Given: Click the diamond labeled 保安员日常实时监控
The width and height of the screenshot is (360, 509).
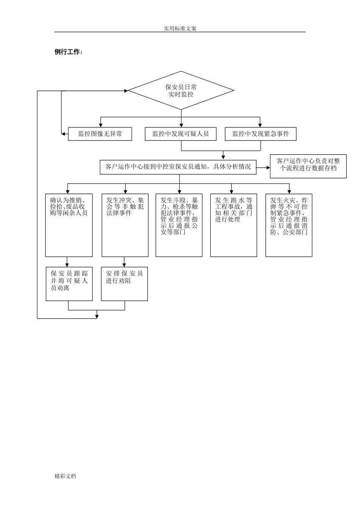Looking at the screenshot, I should click(181, 91).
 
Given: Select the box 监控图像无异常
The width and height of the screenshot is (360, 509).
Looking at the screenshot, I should click(100, 134).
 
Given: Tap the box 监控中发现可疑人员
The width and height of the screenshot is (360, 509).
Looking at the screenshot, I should click(180, 134).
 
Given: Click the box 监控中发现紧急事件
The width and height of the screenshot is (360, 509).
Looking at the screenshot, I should click(260, 134).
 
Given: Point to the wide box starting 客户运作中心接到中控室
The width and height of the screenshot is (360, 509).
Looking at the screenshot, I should click(178, 167).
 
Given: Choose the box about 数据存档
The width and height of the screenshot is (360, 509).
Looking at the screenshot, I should click(308, 166).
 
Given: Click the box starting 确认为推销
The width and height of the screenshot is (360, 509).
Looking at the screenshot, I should click(69, 225).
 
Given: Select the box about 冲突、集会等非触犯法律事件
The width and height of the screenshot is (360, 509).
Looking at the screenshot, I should click(125, 225).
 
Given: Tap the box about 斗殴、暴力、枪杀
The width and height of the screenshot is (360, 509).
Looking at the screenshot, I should click(179, 225).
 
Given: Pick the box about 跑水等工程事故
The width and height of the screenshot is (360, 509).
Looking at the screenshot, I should click(233, 225).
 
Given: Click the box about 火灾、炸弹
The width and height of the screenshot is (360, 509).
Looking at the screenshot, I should click(289, 225).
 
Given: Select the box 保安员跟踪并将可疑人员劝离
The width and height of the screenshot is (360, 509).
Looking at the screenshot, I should click(69, 284).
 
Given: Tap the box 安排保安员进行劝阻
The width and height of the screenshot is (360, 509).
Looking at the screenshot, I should click(124, 284).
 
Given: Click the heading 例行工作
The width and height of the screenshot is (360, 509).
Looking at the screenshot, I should click(69, 52).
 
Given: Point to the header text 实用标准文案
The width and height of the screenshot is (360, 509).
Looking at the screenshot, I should click(180, 28).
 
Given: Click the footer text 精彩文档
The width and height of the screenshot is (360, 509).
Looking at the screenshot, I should click(65, 476).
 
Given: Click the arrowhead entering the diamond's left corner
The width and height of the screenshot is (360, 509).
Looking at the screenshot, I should click(125, 91).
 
